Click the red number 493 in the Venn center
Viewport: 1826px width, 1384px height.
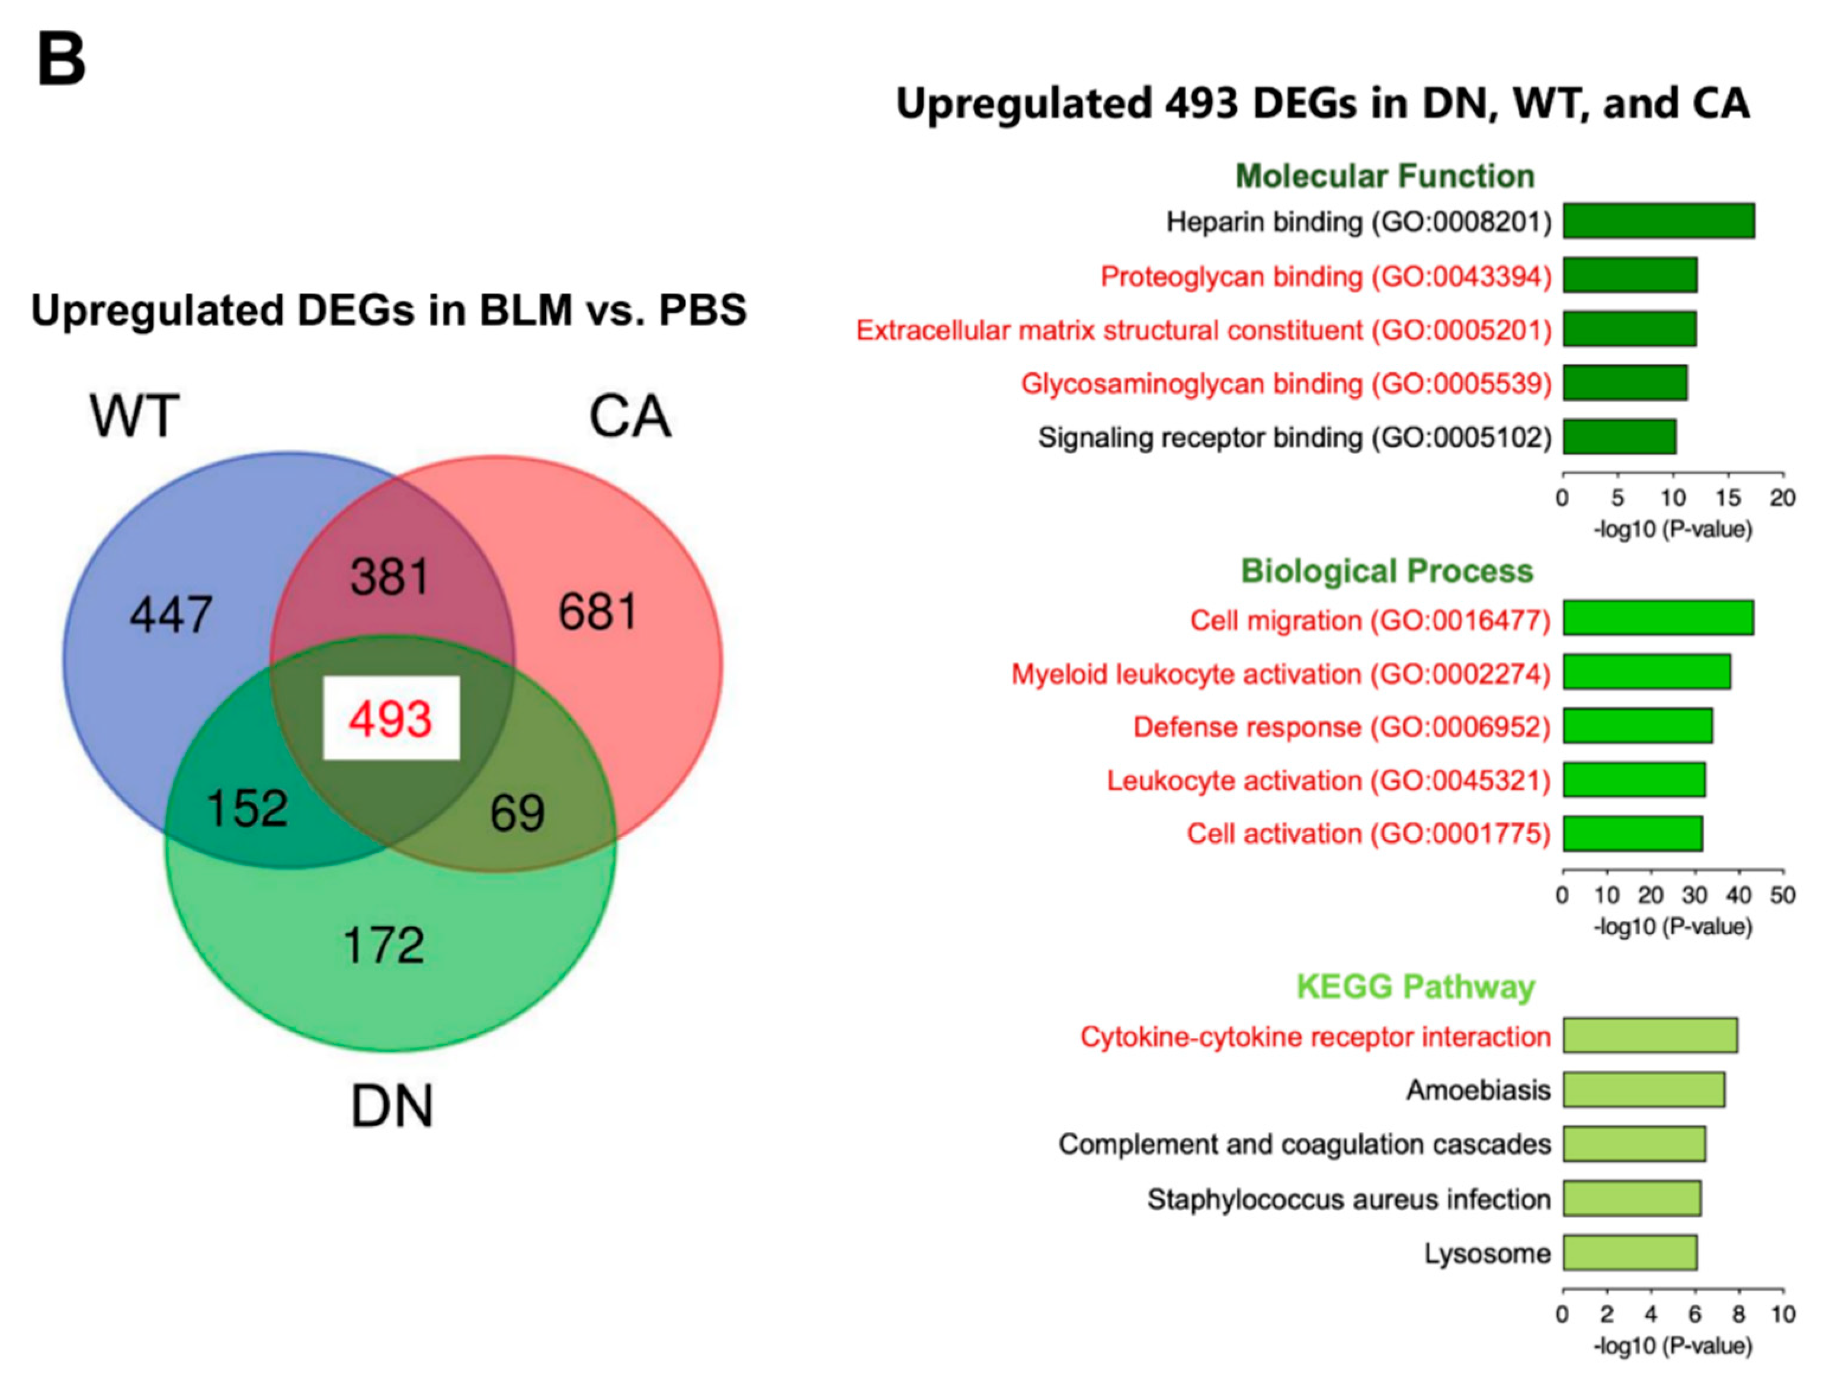point(390,718)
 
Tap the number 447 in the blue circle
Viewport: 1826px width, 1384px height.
point(171,615)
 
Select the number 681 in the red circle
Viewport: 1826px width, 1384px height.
point(598,612)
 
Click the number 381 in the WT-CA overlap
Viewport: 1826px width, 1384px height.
point(390,576)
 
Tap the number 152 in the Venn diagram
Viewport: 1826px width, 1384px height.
point(247,808)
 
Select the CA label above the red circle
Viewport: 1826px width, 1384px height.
point(629,416)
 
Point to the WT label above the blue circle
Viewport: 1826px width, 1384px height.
point(134,416)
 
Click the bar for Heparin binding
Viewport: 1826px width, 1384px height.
point(1658,221)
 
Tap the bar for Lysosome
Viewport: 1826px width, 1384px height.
point(1629,1252)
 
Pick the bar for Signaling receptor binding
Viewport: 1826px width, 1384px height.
point(1619,437)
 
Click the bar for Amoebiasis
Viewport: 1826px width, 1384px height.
point(1643,1090)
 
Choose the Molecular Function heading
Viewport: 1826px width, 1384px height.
point(1385,176)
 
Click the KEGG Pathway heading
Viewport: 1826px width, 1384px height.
point(1415,986)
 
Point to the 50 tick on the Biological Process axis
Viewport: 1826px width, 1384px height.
point(1782,895)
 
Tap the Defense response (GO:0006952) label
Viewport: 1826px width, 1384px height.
point(1341,727)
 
